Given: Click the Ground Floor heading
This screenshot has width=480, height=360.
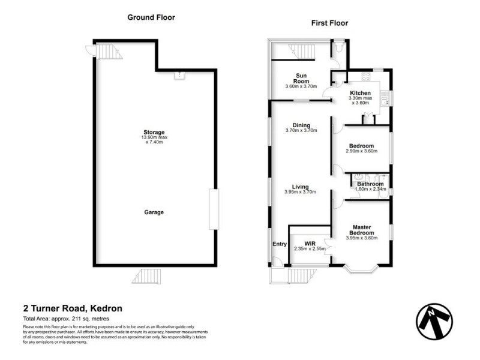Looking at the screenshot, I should [151, 17].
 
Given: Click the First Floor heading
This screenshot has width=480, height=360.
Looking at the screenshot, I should [329, 23].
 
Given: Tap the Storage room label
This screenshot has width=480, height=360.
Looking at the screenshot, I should [154, 132].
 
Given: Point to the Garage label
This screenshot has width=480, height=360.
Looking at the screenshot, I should [154, 212].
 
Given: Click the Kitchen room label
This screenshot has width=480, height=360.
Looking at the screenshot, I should [364, 93].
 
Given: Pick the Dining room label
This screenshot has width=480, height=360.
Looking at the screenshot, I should [301, 125].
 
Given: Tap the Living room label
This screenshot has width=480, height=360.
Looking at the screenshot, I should [300, 187].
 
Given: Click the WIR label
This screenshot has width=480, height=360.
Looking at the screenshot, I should [310, 243].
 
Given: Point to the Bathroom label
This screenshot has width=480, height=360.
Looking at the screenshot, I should [370, 184].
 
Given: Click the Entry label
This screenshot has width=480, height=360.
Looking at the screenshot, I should [280, 244].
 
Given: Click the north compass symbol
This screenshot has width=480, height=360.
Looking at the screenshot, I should [434, 317].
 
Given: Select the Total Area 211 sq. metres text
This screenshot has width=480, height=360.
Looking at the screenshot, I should [65, 319].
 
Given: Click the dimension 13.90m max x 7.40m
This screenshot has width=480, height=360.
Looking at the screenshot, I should [154, 140].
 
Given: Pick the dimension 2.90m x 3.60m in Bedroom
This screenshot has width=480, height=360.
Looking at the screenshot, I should [361, 151].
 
